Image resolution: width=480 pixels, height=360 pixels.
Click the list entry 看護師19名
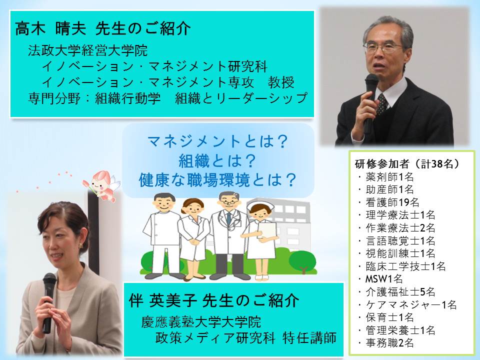point(392,202)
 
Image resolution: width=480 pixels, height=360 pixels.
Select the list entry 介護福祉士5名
point(400,291)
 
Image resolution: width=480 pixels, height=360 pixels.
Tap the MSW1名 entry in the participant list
point(384,279)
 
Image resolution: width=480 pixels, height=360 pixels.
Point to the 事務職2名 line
point(389,343)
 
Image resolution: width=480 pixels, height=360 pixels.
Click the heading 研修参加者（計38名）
point(407,164)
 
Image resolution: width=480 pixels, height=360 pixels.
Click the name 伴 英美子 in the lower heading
point(163,300)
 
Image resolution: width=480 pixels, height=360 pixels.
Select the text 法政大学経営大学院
point(88,50)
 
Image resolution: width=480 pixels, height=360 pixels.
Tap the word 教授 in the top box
point(281,82)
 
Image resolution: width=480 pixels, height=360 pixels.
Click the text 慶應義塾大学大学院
point(201,322)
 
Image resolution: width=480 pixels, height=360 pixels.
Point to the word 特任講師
point(309,337)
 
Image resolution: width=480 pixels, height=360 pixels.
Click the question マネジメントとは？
point(217,141)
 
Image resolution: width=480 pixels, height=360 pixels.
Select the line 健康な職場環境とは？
point(217,180)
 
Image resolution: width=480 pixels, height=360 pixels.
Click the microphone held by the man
point(370,101)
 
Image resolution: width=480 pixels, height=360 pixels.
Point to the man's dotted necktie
point(381,104)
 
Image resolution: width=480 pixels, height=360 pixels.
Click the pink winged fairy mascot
point(101,185)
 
